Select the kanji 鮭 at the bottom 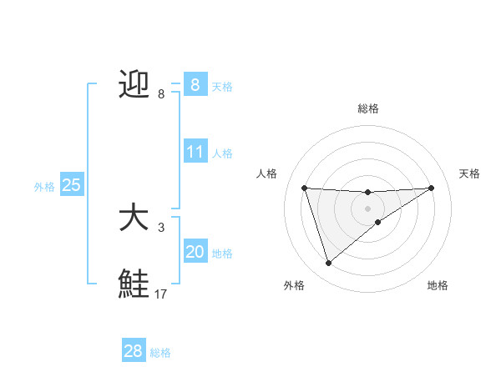click(134, 284)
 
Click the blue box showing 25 click(71, 185)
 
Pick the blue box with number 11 click(195, 152)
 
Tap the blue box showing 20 click(195, 252)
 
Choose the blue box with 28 click(134, 351)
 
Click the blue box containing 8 click(195, 84)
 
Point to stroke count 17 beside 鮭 click(161, 294)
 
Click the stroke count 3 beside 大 click(162, 227)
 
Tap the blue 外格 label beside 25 click(44, 187)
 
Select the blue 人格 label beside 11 click(222, 153)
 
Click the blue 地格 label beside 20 click(222, 254)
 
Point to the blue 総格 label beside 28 click(160, 353)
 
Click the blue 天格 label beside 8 click(222, 86)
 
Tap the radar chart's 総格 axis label click(367, 108)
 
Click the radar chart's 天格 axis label click(469, 173)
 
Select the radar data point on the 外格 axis click(328, 264)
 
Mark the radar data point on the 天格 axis click(432, 188)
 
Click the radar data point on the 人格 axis click(304, 188)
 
